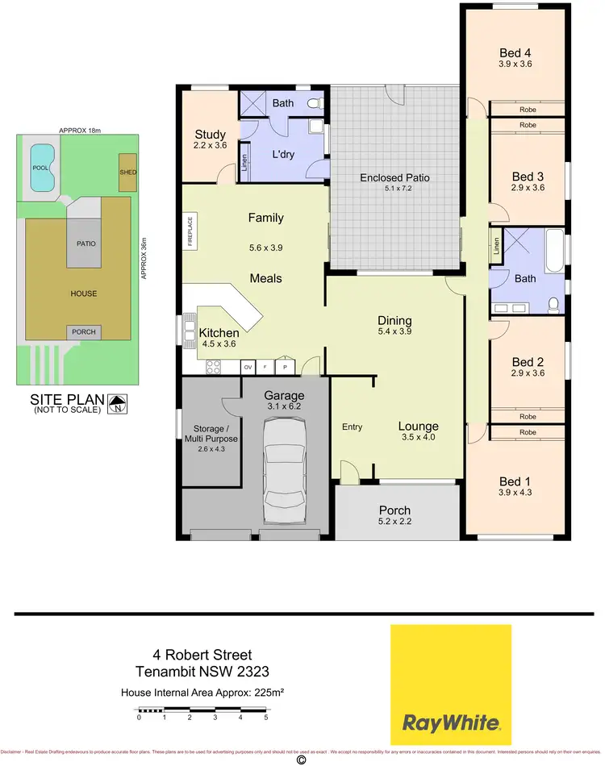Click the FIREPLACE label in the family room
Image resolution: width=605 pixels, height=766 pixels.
point(190,230)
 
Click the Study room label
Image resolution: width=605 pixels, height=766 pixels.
point(210,135)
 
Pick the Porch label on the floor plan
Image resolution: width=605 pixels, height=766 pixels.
point(394,510)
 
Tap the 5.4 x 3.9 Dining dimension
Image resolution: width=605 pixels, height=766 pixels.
point(395,331)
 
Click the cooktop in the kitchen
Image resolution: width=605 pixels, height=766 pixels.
point(215,368)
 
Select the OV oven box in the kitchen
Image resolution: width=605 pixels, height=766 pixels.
point(249,368)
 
